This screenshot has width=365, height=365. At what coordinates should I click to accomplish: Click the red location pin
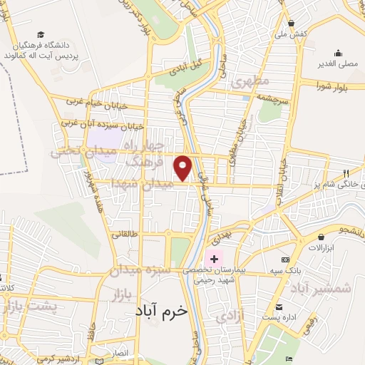point(183,167)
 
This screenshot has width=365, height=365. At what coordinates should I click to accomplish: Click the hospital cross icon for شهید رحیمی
point(213,258)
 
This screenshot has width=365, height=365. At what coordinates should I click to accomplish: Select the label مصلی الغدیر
point(340,62)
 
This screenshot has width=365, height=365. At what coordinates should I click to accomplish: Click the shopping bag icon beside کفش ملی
point(292,22)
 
